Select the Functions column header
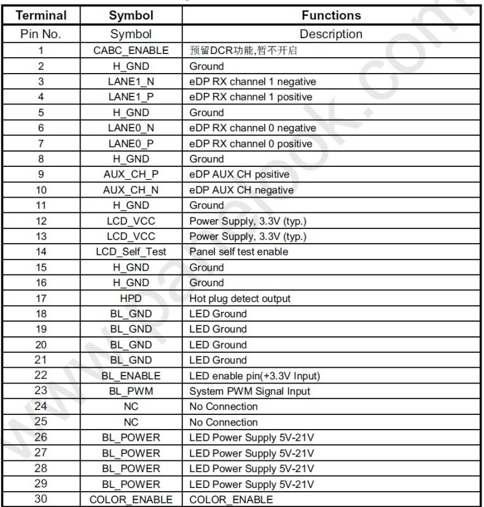tap(331, 15)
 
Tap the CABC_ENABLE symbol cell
tap(130, 50)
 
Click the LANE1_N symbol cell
tap(130, 82)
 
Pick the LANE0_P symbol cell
tap(130, 144)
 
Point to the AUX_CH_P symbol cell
tap(130, 174)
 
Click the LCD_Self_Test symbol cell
tap(130, 252)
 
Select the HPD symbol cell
tap(130, 298)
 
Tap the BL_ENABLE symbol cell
tap(130, 376)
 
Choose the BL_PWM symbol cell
tap(130, 391)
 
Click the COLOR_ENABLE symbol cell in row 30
tap(130, 500)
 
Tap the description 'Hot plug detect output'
tap(240, 298)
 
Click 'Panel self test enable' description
tap(238, 252)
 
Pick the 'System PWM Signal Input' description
tap(249, 391)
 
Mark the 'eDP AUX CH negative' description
tap(241, 190)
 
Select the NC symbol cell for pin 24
tap(130, 406)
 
